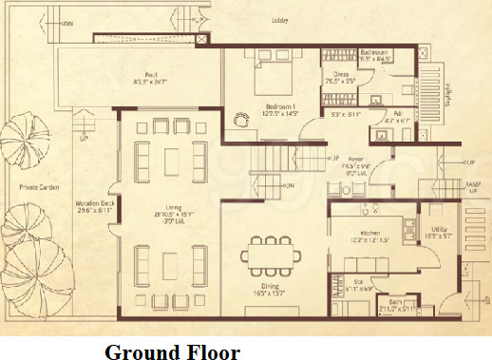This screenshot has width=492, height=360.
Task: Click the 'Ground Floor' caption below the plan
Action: [172, 351]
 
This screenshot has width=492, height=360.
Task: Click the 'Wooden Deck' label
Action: [94, 203]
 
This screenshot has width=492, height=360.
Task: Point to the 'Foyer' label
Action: [356, 159]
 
